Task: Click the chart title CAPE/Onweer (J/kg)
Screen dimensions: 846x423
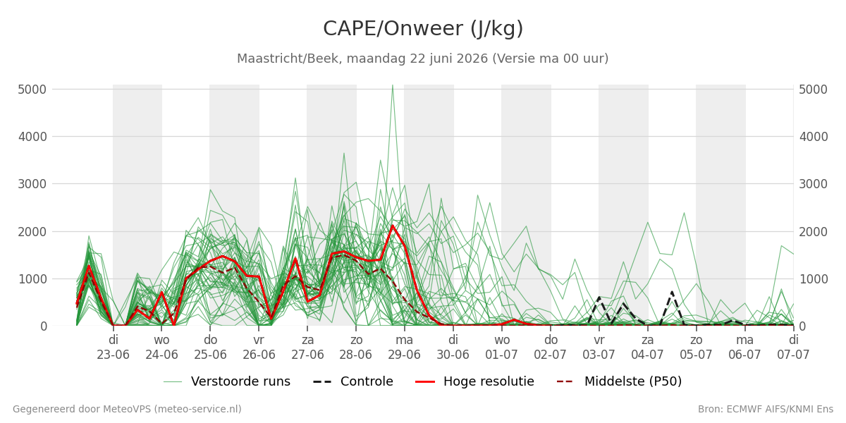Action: (423, 29)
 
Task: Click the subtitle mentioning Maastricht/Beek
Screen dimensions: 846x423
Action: (422, 59)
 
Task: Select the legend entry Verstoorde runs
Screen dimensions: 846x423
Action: (226, 381)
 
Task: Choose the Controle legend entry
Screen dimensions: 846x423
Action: (353, 381)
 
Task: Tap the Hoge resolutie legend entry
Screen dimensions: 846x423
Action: (474, 381)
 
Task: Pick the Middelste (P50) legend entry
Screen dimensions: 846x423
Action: (620, 381)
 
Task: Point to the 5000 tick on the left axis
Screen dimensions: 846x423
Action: (32, 90)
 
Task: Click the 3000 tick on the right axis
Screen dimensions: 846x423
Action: (813, 184)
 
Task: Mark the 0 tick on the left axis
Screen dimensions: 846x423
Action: (44, 326)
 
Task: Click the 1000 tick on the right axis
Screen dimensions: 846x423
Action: (813, 279)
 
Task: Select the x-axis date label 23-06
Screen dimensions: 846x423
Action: (113, 355)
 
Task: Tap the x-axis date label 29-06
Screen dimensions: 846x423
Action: (404, 355)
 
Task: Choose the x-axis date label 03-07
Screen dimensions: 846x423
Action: (599, 355)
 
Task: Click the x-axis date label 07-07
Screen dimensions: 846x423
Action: (793, 355)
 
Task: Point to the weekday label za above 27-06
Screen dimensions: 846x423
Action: (307, 341)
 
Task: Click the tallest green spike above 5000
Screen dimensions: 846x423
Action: (393, 86)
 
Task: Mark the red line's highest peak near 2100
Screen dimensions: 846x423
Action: (393, 226)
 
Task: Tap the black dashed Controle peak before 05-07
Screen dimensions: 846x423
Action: (672, 292)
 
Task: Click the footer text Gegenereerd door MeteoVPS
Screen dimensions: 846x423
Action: (127, 409)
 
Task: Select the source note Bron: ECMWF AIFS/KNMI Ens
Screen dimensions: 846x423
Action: (766, 409)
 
